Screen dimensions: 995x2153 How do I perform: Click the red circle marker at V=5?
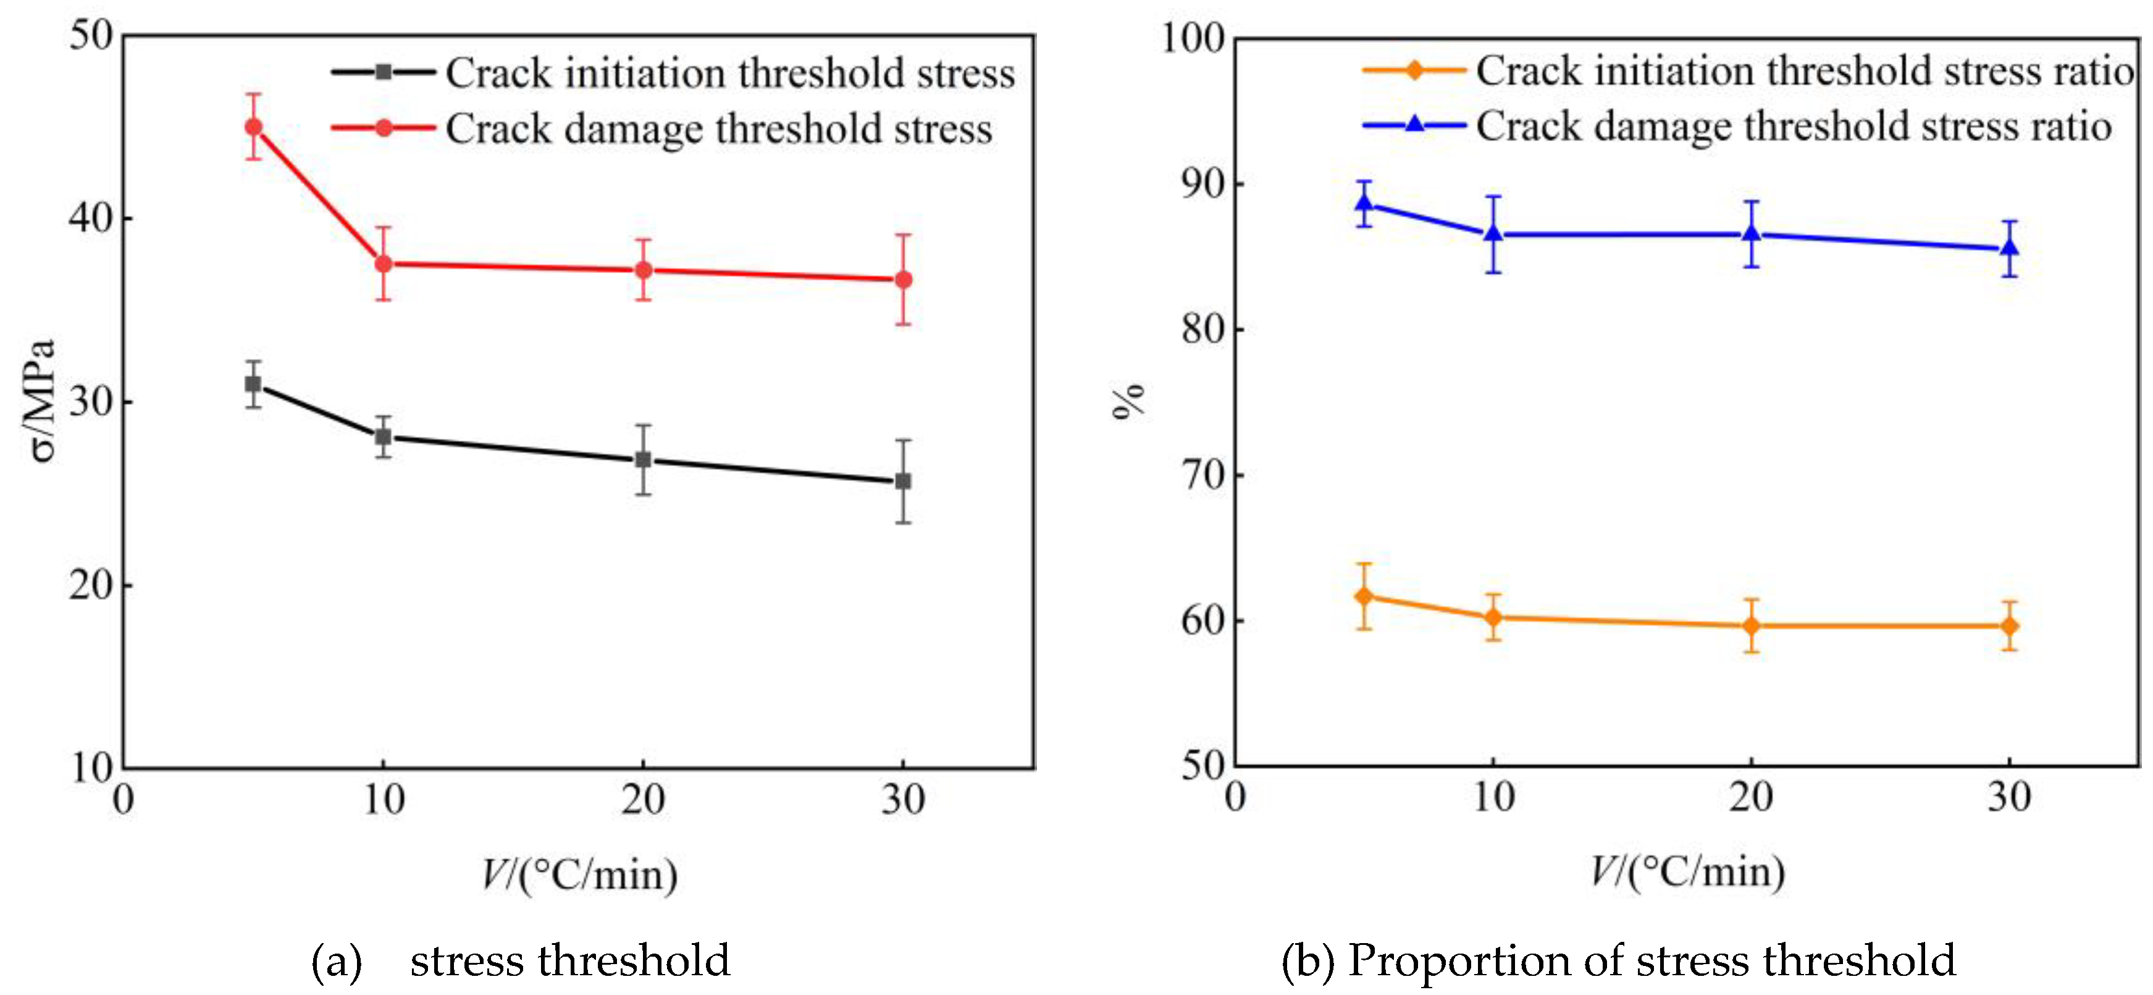(x=253, y=127)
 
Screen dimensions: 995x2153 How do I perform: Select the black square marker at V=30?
(x=903, y=481)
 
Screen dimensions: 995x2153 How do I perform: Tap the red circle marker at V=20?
(x=643, y=270)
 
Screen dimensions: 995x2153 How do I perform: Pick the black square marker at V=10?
(x=383, y=436)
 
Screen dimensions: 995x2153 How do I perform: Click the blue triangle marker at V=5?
(x=1364, y=203)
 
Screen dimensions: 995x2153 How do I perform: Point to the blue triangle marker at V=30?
(x=2009, y=248)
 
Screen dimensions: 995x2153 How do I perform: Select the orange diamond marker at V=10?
(x=1493, y=617)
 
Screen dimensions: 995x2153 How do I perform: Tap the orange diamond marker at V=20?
(x=1751, y=625)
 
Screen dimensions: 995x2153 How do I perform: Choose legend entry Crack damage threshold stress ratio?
(x=1793, y=126)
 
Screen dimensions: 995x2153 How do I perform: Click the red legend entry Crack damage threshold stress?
(x=719, y=129)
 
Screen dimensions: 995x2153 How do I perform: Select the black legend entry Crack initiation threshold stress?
(x=729, y=74)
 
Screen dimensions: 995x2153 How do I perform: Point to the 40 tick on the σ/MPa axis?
(x=90, y=218)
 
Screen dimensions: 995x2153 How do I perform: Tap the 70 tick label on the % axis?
(x=1202, y=475)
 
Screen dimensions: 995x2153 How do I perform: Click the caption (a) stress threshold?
(x=521, y=960)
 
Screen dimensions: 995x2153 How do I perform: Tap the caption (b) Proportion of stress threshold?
(x=1618, y=960)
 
